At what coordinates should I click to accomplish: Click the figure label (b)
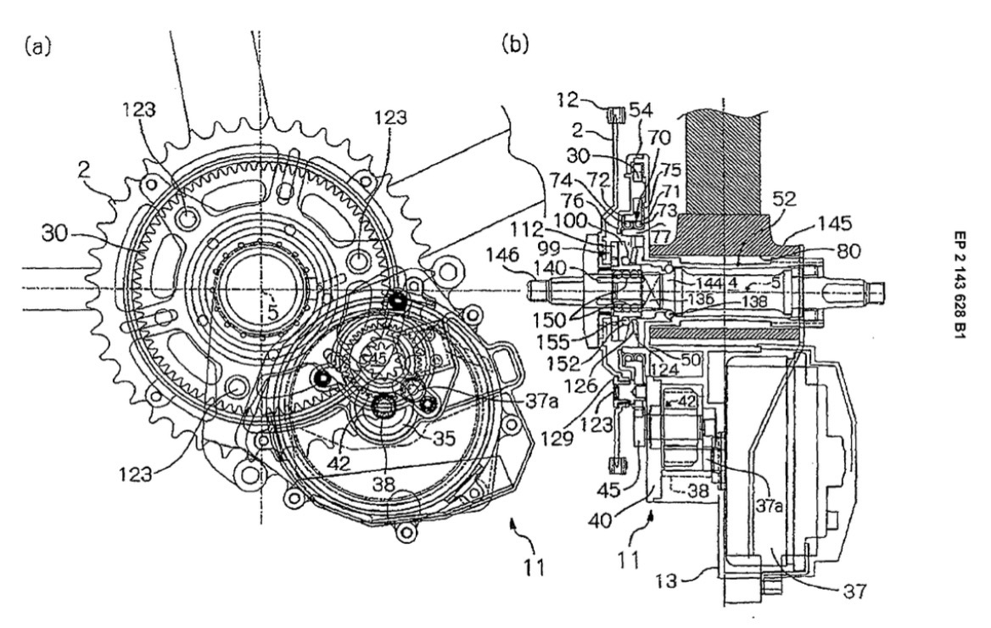(x=515, y=43)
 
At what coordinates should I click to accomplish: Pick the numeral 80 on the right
(x=824, y=250)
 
